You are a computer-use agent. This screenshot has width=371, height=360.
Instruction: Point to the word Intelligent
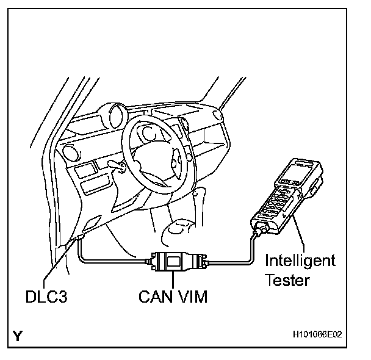(300, 262)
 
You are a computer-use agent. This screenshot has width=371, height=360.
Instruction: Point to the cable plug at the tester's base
(259, 231)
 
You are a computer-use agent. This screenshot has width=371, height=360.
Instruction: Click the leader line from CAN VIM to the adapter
(175, 282)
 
